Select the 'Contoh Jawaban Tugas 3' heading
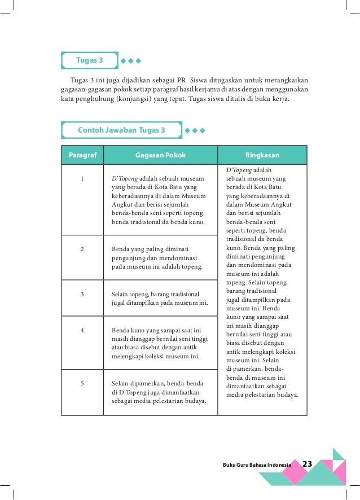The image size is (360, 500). point(121,130)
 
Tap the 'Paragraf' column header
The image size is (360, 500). point(82,155)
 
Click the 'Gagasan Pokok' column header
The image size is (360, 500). point(160,155)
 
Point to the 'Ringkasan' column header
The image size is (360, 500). point(262,155)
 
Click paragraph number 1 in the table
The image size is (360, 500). point(82,179)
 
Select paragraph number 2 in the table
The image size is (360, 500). point(82,248)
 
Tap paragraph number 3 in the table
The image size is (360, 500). point(82,294)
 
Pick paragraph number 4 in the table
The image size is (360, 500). point(82,330)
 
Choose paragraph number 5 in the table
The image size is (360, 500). point(82,383)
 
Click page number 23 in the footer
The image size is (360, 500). point(308,464)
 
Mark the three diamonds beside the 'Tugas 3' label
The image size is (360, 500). point(130,60)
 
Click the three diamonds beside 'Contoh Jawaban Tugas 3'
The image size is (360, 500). point(195,130)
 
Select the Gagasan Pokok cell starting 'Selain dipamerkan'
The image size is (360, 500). point(159,392)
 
